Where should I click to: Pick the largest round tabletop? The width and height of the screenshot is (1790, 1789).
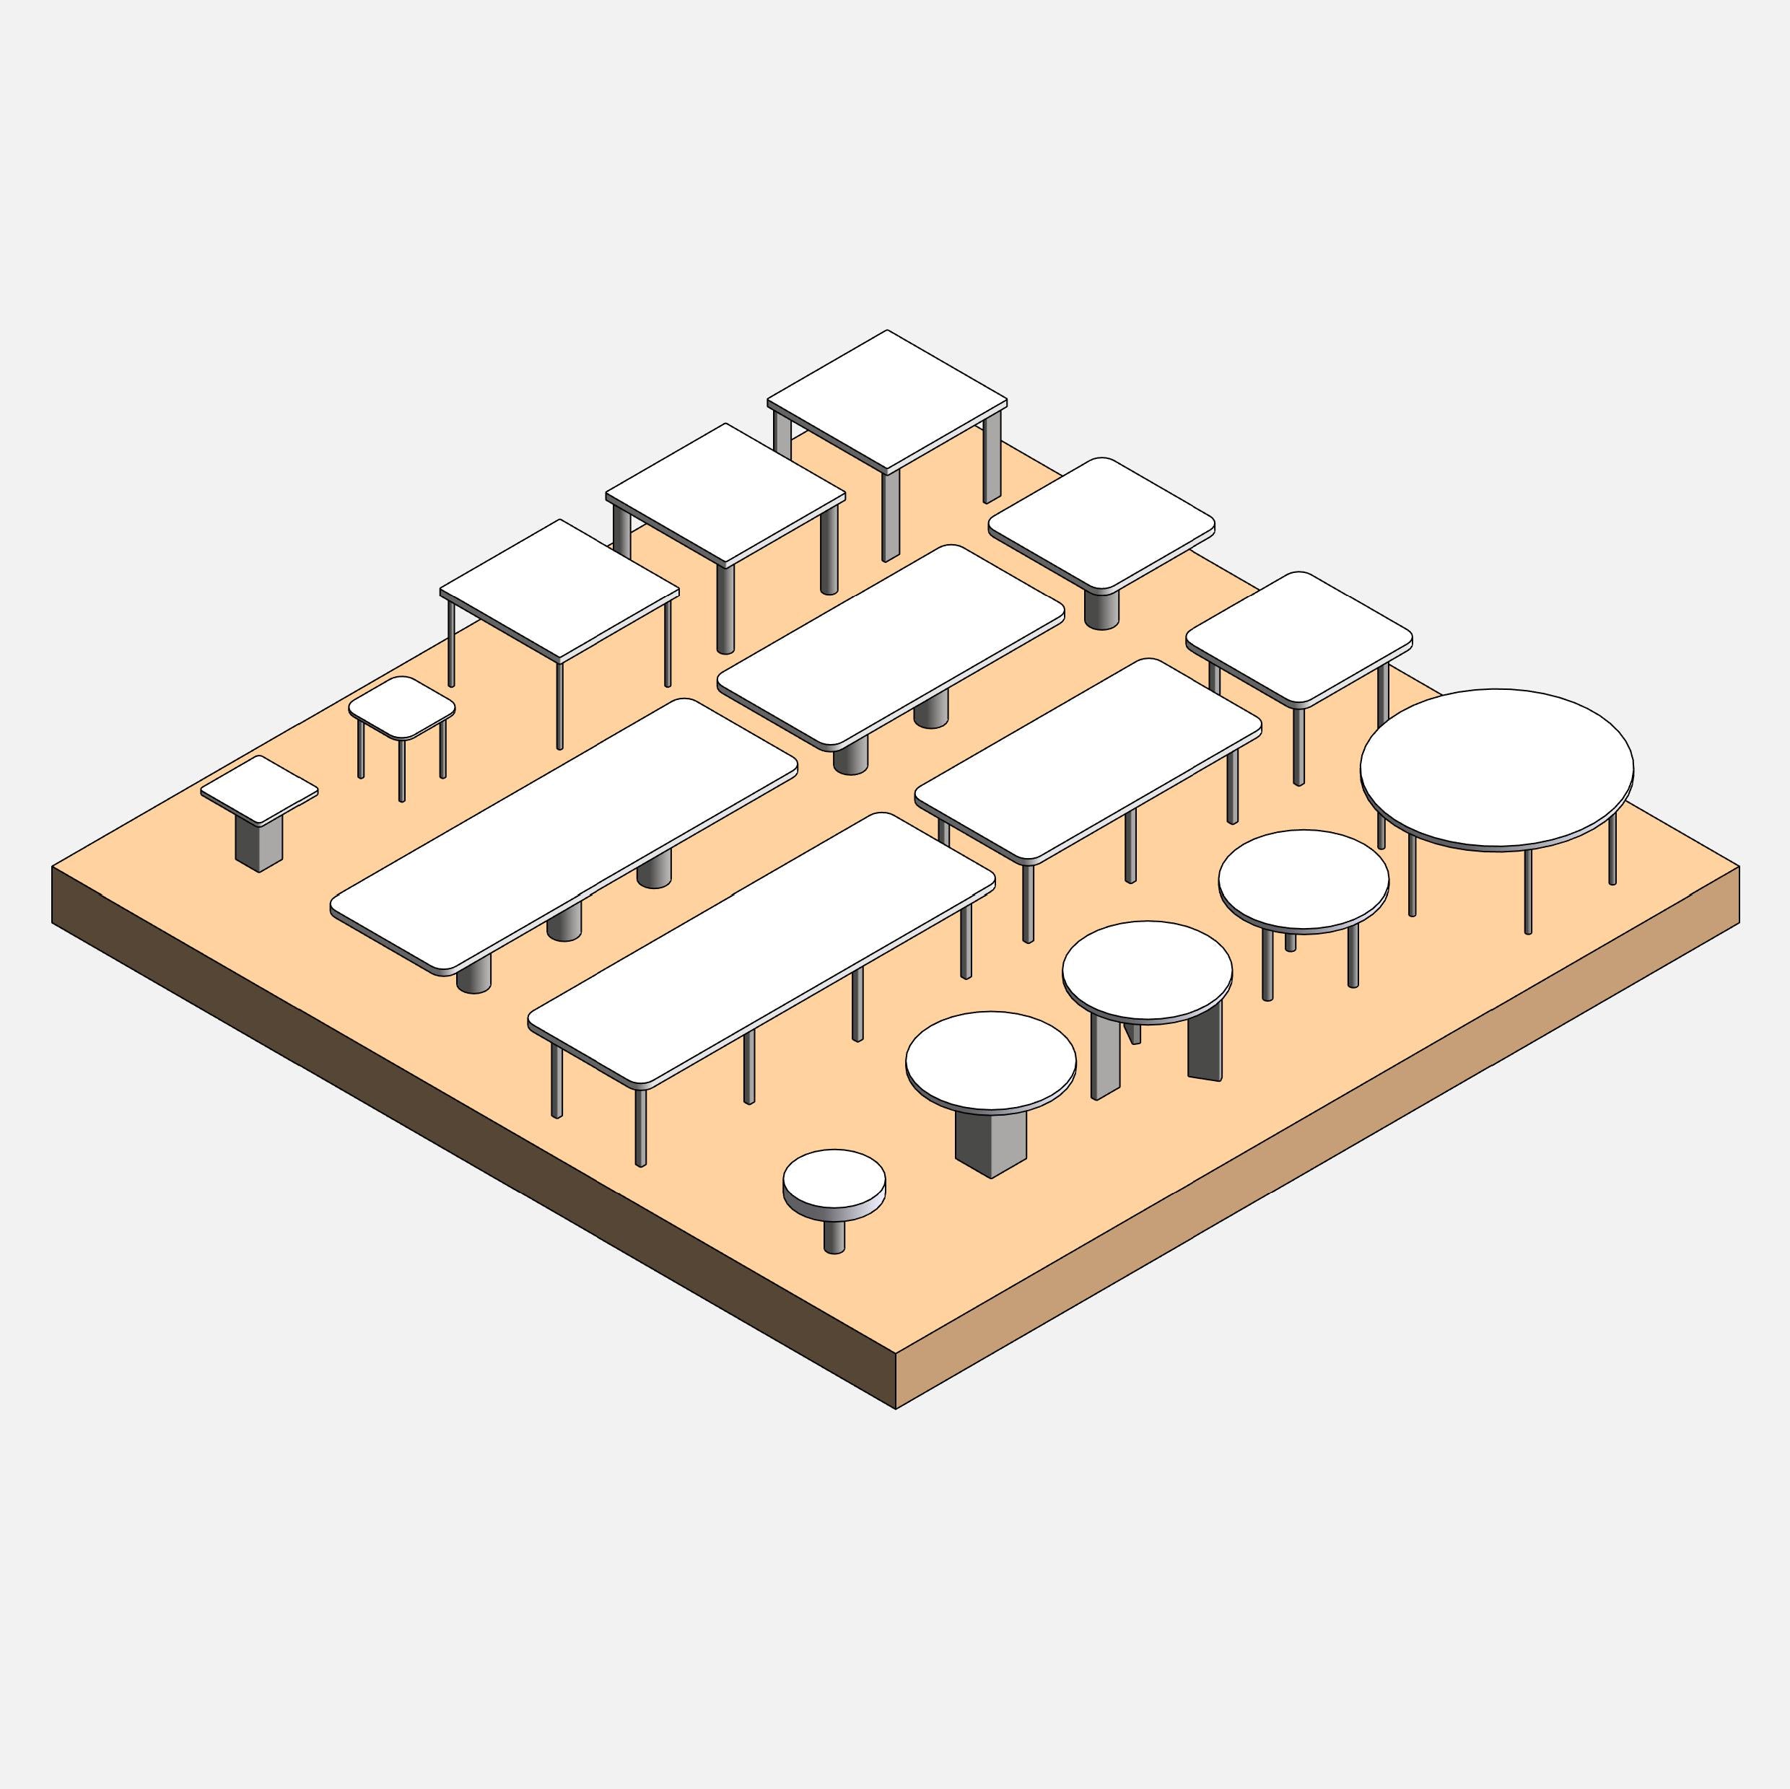[1496, 767]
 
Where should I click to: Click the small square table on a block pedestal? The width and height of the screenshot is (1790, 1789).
[258, 790]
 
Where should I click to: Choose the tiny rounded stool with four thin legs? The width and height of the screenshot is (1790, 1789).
[401, 708]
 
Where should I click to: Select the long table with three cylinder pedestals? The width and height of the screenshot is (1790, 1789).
[563, 836]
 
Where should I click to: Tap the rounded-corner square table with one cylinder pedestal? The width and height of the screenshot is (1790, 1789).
[1101, 523]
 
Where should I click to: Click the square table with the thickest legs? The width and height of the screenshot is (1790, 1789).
[886, 401]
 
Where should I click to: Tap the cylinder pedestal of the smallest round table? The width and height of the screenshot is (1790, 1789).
[834, 1235]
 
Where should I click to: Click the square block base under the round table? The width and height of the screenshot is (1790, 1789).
[990, 1142]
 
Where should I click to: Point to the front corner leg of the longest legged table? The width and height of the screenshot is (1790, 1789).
[640, 1127]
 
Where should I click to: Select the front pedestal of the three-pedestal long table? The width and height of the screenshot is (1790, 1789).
[473, 976]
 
